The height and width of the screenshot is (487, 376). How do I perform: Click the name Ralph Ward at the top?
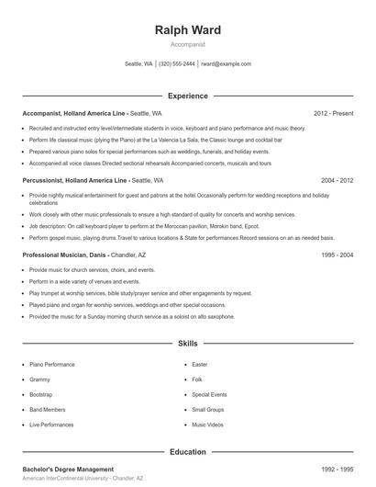coord(188,30)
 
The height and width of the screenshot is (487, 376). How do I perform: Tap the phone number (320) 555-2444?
coord(177,64)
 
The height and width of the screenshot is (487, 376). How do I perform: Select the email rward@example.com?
coord(226,64)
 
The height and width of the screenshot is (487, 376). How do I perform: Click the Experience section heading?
coord(188,96)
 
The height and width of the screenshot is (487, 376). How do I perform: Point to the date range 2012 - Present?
coord(334,113)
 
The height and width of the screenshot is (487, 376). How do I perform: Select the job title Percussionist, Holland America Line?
coord(75,181)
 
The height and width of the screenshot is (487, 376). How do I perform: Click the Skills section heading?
coord(188,344)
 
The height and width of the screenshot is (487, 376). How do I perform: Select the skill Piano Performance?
coord(52,364)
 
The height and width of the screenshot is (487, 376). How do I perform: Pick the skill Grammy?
coord(39,379)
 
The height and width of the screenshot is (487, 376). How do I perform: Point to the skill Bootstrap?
coord(41,394)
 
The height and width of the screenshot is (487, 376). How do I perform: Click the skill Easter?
coord(200,364)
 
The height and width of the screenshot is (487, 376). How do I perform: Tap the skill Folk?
coord(197,379)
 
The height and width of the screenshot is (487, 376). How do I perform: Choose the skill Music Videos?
coord(208,425)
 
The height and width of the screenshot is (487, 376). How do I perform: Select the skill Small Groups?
coord(208,410)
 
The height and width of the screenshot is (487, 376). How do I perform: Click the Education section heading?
coord(188,452)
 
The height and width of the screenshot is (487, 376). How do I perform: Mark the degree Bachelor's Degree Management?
coord(69,470)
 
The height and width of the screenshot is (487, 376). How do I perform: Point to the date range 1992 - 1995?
coord(337,470)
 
